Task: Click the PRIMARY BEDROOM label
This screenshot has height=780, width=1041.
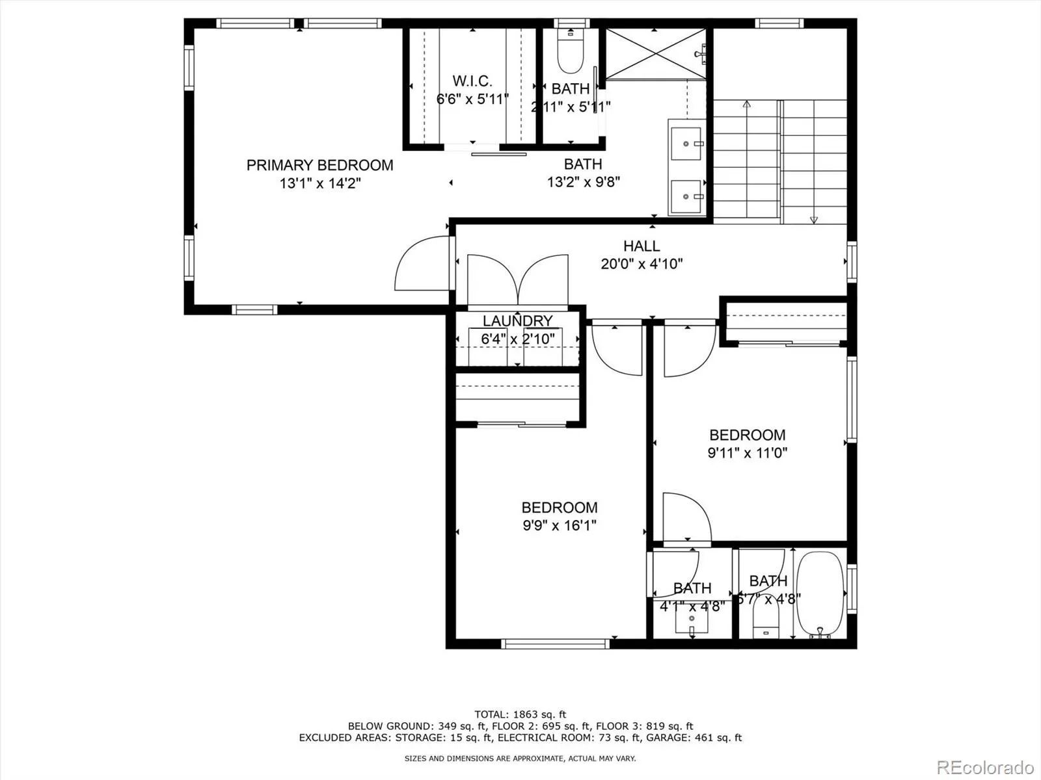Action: point(319,165)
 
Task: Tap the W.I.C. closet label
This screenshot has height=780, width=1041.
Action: point(472,81)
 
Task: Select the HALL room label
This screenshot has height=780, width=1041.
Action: point(642,246)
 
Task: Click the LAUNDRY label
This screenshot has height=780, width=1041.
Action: point(517,320)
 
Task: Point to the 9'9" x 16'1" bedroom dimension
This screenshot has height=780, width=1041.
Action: point(560,525)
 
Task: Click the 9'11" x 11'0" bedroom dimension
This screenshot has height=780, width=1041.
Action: point(747,453)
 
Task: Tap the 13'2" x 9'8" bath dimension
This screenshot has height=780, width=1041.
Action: point(583,182)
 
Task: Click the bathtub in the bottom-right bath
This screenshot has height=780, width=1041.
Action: point(821,595)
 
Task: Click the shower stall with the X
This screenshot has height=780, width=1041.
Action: point(655,54)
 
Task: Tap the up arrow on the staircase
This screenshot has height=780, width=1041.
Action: point(746,104)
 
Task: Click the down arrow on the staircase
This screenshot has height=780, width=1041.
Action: point(813,220)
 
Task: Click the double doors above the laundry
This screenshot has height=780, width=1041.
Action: point(518,279)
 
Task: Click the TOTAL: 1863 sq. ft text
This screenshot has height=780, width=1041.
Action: point(520,714)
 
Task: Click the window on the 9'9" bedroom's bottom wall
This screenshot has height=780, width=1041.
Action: point(556,643)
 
